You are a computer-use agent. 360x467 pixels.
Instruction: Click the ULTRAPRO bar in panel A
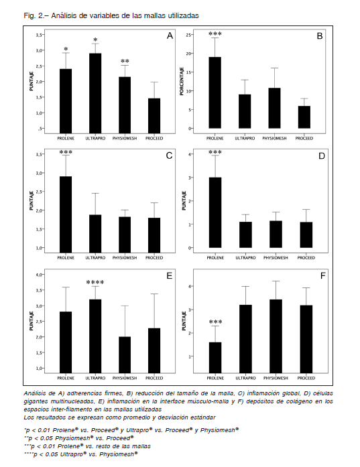click(x=95, y=93)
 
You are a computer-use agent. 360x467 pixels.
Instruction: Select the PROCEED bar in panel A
click(x=154, y=116)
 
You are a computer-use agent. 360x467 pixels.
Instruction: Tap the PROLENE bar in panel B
click(x=215, y=92)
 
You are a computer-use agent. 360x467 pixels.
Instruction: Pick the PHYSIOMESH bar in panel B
click(x=274, y=108)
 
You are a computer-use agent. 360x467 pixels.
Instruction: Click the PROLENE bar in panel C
click(x=66, y=214)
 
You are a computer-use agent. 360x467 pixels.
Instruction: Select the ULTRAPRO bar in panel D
click(x=245, y=235)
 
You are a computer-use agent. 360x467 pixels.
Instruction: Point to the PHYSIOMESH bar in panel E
click(x=125, y=354)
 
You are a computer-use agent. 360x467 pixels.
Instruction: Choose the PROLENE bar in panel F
click(x=215, y=358)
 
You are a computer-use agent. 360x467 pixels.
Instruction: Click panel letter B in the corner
click(x=320, y=36)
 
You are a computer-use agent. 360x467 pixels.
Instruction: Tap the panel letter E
click(x=169, y=276)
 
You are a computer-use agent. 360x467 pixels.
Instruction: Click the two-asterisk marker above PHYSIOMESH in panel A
click(x=125, y=61)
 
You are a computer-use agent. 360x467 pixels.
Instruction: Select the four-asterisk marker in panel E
click(x=95, y=282)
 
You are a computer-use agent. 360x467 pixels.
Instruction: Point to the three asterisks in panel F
click(x=215, y=322)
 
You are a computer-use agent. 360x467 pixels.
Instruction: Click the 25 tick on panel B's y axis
click(x=188, y=35)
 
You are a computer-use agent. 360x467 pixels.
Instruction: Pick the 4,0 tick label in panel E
click(x=40, y=275)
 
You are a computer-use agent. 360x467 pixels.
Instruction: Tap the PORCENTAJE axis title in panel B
click(x=182, y=81)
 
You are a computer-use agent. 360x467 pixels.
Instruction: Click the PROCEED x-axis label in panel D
click(x=306, y=258)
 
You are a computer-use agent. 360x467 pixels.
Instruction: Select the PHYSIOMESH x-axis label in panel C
click(x=125, y=258)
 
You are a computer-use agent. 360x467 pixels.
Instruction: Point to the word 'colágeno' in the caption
click(x=299, y=401)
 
